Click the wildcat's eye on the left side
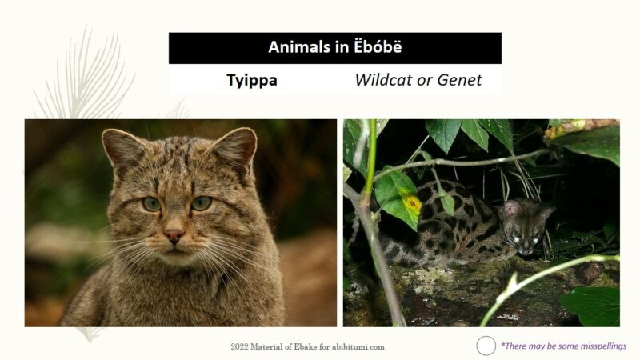click(151, 204)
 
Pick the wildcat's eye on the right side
click(202, 203)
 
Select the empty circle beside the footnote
click(486, 346)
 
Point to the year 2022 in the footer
click(240, 346)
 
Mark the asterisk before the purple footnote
click(502, 345)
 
